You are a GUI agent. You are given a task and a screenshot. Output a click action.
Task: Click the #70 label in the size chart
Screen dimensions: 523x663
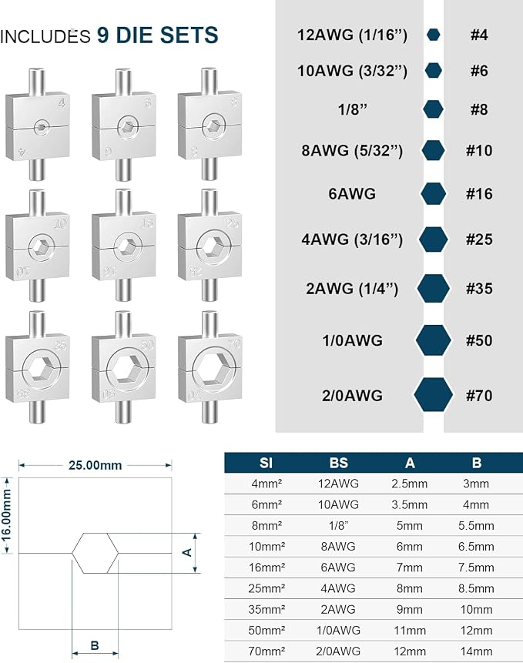479,396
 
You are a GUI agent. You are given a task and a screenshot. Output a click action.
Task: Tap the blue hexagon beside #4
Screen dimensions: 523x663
433,35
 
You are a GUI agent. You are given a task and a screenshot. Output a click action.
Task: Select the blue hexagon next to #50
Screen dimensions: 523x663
433,340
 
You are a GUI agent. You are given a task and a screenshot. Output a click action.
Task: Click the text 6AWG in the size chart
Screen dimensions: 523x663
352,193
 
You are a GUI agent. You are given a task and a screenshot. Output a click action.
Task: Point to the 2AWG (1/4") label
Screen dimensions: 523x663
352,289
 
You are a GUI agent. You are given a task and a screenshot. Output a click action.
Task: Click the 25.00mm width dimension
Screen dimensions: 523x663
96,465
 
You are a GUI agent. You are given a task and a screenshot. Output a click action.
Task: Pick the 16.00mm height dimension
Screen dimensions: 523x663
7,514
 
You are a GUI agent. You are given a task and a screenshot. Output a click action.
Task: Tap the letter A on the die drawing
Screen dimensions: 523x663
186,552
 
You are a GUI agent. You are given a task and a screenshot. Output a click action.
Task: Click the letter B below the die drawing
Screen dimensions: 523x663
95,645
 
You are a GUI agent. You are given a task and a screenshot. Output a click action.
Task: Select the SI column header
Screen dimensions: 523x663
266,463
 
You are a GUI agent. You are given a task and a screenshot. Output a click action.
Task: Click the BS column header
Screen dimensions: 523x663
338,463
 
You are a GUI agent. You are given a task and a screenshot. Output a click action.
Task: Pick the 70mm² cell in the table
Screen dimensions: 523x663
267,651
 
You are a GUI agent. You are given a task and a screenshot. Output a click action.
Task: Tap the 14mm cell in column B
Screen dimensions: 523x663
476,651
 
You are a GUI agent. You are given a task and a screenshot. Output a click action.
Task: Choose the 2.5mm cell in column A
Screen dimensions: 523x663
409,484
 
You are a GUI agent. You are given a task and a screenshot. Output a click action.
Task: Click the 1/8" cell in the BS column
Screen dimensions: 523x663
338,526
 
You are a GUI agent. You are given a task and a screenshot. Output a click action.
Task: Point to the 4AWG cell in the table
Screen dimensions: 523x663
338,588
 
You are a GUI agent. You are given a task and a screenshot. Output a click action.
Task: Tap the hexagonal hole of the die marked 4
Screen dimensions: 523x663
42,126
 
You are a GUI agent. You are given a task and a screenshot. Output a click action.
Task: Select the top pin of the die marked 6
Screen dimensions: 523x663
122,81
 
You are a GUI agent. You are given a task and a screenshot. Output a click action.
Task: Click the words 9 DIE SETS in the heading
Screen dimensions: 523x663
157,35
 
